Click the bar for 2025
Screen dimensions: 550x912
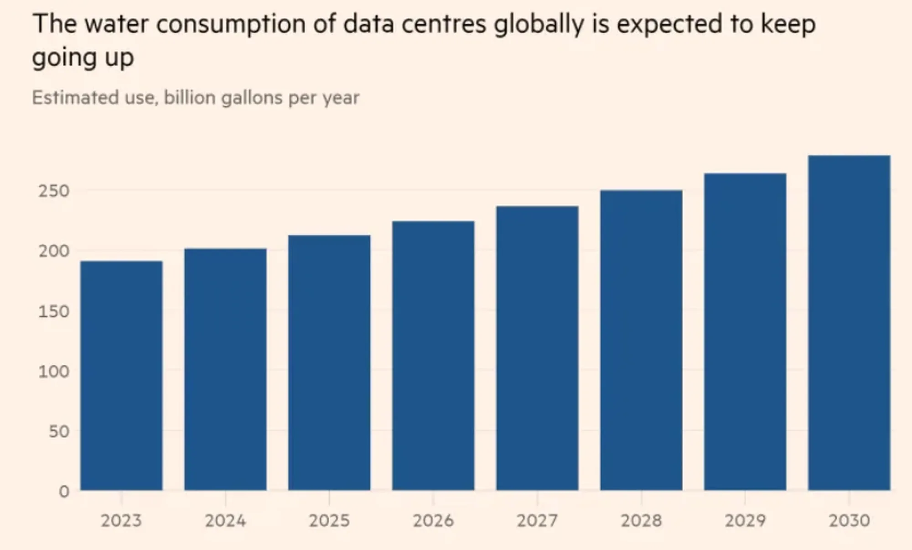pos(329,363)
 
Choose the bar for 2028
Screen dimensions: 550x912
pos(641,340)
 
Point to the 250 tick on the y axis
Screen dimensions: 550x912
pos(54,191)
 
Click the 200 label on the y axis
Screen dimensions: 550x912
pos(54,251)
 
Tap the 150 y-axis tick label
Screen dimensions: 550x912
pos(54,312)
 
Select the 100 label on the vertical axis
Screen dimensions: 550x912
pos(54,372)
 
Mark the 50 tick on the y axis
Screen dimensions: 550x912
pos(59,431)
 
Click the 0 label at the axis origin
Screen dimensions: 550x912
pos(64,492)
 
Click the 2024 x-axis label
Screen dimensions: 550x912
pos(225,520)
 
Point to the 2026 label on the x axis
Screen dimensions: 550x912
pos(433,520)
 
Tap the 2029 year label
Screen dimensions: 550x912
pos(745,520)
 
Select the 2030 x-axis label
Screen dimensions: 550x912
pos(849,520)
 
